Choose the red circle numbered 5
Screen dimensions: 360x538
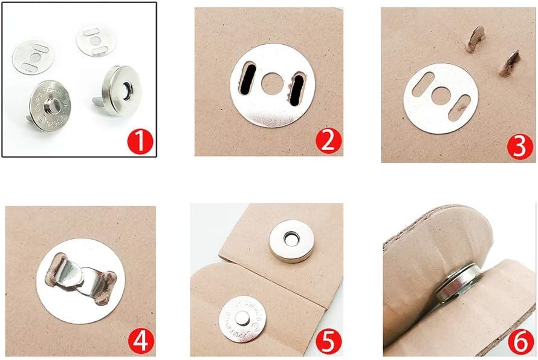pyautogui.click(x=328, y=340)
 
